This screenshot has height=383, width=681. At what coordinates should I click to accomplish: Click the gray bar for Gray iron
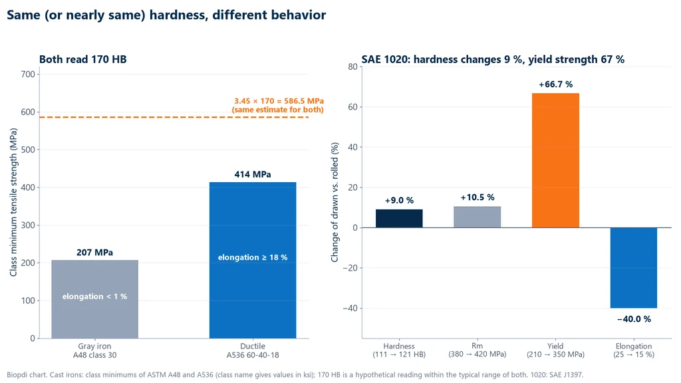tap(94, 299)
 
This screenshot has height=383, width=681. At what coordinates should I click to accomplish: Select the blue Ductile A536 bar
tap(253, 260)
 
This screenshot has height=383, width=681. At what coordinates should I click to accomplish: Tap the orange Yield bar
tap(555, 160)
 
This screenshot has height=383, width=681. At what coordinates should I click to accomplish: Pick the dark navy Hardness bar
tap(399, 218)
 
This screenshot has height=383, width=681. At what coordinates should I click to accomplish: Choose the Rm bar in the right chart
tap(477, 217)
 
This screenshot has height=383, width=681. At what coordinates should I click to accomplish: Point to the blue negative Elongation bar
tap(634, 268)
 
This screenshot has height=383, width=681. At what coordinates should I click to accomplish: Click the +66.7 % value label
tap(555, 84)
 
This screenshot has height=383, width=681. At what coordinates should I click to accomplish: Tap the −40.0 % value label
tap(634, 319)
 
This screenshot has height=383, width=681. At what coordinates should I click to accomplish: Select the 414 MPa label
tap(253, 175)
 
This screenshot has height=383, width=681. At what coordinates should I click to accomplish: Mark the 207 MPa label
tap(94, 253)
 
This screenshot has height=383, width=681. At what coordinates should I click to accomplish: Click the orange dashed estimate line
tap(174, 117)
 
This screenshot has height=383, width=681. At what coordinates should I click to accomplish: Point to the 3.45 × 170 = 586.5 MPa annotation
tap(279, 101)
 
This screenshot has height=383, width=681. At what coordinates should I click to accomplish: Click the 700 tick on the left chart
tap(28, 74)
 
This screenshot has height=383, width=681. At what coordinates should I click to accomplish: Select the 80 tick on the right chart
tap(352, 67)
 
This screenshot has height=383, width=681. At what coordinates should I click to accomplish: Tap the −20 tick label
tap(350, 268)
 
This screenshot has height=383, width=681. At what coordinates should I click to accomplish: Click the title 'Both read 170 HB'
tap(83, 59)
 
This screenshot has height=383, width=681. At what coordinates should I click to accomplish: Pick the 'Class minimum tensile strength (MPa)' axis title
tap(13, 202)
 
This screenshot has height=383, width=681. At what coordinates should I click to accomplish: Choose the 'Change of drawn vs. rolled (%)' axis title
tap(335, 202)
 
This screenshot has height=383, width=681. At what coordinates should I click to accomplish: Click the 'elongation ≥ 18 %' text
tap(253, 257)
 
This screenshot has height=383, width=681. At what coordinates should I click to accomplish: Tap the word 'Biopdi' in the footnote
tap(17, 375)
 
